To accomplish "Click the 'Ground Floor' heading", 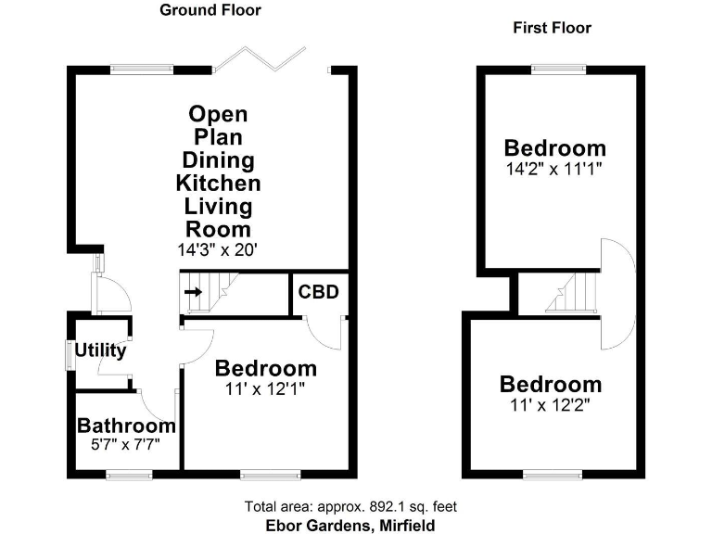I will pos(210,11).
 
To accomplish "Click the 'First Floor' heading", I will pos(552,28).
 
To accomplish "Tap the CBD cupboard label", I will pos(318,293).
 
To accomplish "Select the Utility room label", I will pos(100,351).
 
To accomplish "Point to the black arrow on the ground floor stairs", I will pos(194,292).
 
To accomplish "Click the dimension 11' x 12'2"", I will pos(551,404).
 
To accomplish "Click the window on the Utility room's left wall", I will pos(69,356).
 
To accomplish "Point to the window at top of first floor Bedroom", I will pos(559,68).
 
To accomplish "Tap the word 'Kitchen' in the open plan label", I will pos(219,183).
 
